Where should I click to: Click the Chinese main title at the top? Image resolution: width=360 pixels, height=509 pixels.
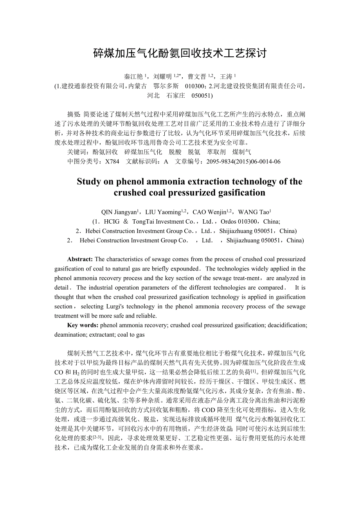180,53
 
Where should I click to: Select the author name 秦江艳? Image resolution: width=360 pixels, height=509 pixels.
133,77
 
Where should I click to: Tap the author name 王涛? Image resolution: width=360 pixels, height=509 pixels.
226,77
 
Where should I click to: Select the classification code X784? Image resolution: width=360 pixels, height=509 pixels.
112,161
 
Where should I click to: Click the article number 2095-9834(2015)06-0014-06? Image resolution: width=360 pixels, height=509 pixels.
243,161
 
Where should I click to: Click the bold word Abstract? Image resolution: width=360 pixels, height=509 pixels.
80,259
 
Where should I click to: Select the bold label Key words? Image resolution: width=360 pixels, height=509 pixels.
83,325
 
